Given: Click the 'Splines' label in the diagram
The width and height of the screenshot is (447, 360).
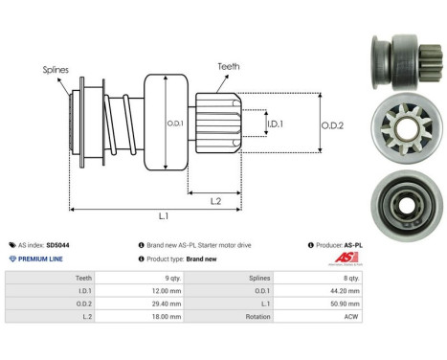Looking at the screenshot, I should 55,69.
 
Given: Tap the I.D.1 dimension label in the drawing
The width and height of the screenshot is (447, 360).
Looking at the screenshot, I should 274,124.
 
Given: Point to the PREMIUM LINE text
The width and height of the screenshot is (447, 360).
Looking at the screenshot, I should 42,259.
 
